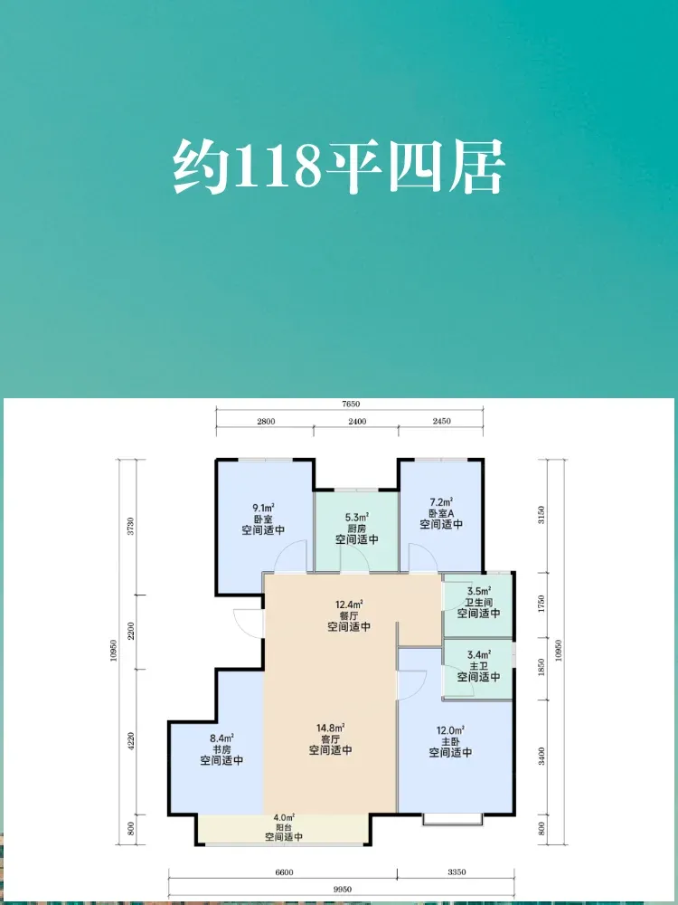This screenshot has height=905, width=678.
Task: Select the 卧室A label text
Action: pyautogui.click(x=441, y=513)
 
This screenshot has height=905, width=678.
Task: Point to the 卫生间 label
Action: pyautogui.click(x=478, y=602)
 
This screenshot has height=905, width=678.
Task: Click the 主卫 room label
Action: pyautogui.click(x=478, y=665)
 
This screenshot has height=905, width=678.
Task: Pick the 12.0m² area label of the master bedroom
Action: pyautogui.click(x=450, y=729)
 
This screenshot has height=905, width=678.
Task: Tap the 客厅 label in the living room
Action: pyautogui.click(x=330, y=738)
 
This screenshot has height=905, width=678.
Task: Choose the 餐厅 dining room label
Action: pyautogui.click(x=349, y=615)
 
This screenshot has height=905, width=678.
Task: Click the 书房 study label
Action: pyautogui.click(x=221, y=749)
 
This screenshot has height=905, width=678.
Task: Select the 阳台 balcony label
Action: pyautogui.click(x=284, y=826)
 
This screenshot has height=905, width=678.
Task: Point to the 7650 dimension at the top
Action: pyautogui.click(x=350, y=404)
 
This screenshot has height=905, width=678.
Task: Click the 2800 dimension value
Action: pyautogui.click(x=266, y=422)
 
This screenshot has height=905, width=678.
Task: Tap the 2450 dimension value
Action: pyautogui.click(x=441, y=422)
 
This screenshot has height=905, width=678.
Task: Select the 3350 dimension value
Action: pyautogui.click(x=456, y=872)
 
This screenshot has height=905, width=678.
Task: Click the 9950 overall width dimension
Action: pyautogui.click(x=342, y=890)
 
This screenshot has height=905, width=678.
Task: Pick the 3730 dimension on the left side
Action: pyautogui.click(x=130, y=527)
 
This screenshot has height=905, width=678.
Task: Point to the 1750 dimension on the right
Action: pyautogui.click(x=541, y=605)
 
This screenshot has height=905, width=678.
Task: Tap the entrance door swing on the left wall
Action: pyautogui.click(x=249, y=624)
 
